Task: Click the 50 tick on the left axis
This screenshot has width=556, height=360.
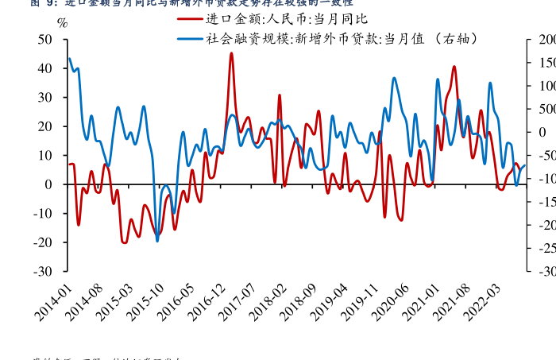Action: pyautogui.click(x=47, y=40)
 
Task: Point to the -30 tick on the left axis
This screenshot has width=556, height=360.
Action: pyautogui.click(x=44, y=271)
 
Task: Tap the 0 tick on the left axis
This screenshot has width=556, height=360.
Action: pyautogui.click(x=50, y=184)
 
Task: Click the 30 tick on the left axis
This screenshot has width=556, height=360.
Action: pyautogui.click(x=47, y=98)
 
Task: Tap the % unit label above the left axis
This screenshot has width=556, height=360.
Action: pyautogui.click(x=62, y=22)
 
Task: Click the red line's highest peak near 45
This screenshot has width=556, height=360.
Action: pyautogui.click(x=231, y=53)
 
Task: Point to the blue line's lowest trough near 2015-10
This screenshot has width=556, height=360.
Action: pyautogui.click(x=157, y=240)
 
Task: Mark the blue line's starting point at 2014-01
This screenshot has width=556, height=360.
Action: pyautogui.click(x=69, y=58)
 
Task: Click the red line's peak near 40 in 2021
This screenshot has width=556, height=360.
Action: pyautogui.click(x=454, y=67)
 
